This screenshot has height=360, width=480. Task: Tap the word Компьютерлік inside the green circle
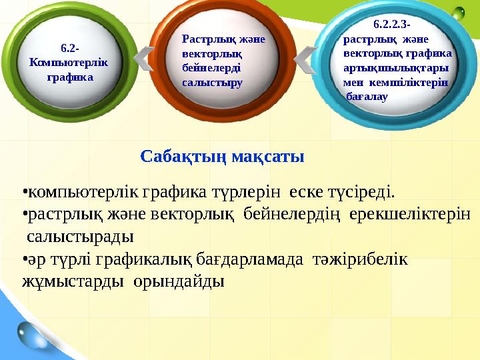[68, 62]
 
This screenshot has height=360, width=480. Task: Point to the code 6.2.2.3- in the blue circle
[391, 25]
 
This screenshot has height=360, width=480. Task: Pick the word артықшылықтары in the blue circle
[395, 68]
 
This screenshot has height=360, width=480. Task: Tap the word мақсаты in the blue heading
[267, 157]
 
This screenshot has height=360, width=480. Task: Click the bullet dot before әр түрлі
[24, 259]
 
